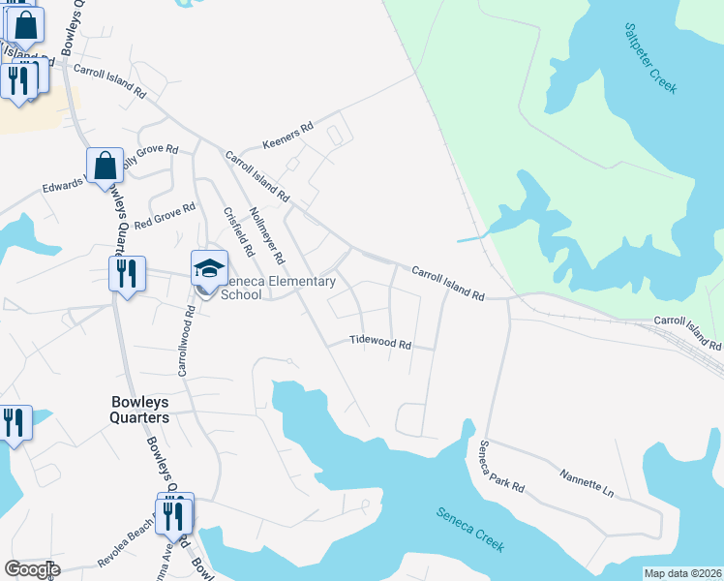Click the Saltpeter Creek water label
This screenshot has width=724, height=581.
[x=649, y=59]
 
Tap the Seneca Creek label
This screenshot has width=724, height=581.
[x=469, y=530]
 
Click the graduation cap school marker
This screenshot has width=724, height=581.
[x=210, y=268]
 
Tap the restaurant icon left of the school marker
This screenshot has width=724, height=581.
[x=127, y=274]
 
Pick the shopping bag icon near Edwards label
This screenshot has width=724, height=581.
[x=105, y=167]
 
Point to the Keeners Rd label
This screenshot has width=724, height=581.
[x=288, y=136]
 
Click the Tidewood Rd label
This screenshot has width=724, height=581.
[x=380, y=343]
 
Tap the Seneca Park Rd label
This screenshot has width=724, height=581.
[x=501, y=466]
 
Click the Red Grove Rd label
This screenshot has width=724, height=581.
[x=166, y=214]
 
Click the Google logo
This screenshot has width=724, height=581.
[x=32, y=569]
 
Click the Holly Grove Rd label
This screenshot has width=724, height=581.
[x=148, y=154]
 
